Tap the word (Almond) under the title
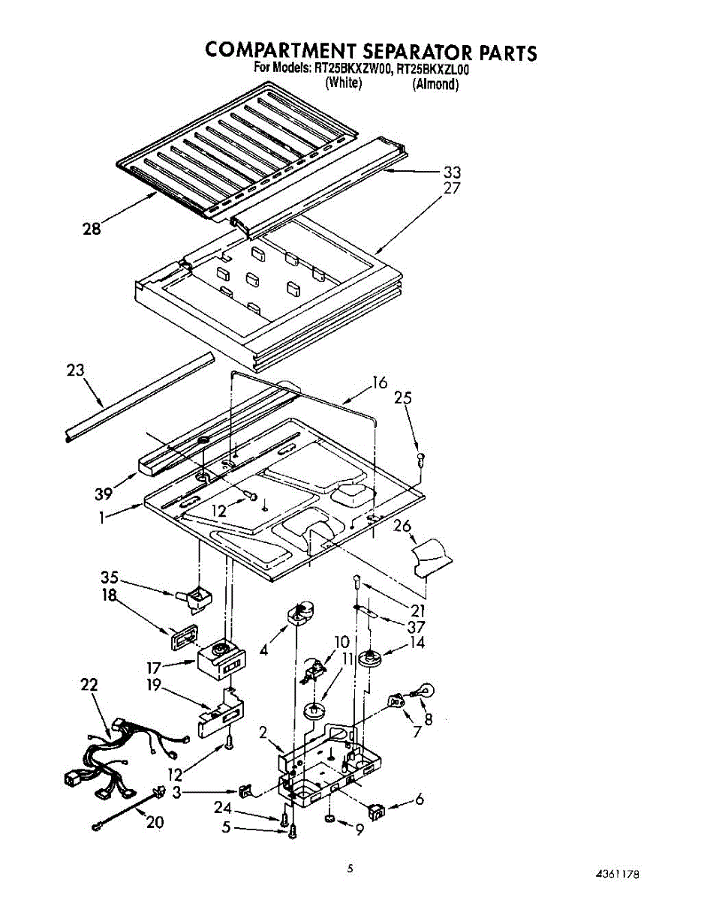(435, 84)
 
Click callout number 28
(91, 229)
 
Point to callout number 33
(452, 172)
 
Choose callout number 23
(75, 370)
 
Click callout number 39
(104, 493)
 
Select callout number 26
(402, 526)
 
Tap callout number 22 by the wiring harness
(89, 685)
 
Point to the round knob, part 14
(369, 660)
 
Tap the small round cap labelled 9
(331, 817)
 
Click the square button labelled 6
(377, 811)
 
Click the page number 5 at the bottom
(349, 869)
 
